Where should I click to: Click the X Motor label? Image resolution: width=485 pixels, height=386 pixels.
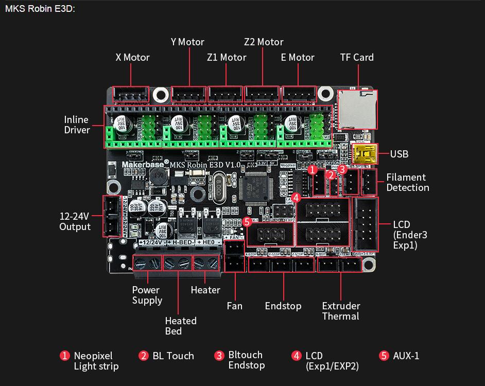[x=132, y=57]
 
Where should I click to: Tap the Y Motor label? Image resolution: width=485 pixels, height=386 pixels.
[x=187, y=42]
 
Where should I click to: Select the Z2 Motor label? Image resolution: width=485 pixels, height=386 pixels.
[x=264, y=42]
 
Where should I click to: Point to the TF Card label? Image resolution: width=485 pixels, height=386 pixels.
[x=357, y=57]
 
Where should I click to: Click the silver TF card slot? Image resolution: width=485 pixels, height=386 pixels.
[x=357, y=109]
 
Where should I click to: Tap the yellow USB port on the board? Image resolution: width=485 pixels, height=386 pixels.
[x=365, y=153]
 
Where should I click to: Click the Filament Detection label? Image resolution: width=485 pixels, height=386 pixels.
[x=407, y=182]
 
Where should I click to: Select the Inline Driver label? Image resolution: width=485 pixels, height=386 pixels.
[x=77, y=125]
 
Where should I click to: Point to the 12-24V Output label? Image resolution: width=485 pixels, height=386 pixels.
[x=75, y=221]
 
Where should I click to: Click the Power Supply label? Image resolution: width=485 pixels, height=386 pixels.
[x=147, y=295]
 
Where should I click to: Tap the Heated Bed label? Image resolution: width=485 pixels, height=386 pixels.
[x=180, y=326]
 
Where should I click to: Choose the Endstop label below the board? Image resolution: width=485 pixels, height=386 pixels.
[x=283, y=306]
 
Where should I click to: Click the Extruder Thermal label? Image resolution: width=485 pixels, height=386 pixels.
[x=341, y=311]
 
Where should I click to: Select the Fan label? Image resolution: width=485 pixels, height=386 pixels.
[x=234, y=306]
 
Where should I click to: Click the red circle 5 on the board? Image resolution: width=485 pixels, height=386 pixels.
[x=247, y=222]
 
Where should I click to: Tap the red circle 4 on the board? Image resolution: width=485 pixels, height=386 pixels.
[x=296, y=197]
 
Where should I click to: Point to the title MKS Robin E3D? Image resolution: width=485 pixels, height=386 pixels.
[x=40, y=9]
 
